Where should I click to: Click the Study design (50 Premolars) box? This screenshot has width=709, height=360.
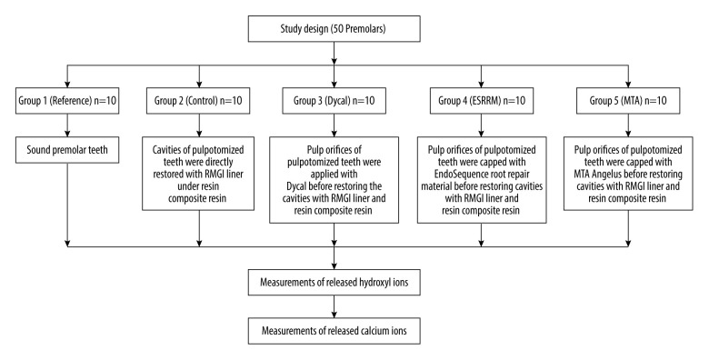click(x=334, y=29)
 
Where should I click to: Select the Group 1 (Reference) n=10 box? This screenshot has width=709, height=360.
click(x=67, y=100)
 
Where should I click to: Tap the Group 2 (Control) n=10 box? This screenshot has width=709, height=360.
click(x=198, y=100)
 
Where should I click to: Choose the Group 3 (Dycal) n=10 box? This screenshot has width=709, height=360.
click(x=334, y=100)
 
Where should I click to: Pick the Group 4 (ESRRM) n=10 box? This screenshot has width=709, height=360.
click(x=482, y=100)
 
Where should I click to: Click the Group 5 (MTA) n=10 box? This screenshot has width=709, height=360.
click(x=627, y=100)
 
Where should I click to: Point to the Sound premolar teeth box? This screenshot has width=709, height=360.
click(x=67, y=150)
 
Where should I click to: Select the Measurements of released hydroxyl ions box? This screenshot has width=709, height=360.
click(x=334, y=282)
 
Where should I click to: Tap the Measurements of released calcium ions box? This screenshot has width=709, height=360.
click(x=334, y=331)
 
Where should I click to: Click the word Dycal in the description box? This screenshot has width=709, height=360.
click(x=297, y=186)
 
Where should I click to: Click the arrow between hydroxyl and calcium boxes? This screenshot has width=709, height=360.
click(x=334, y=306)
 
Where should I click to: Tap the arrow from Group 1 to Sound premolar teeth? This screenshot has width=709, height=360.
click(x=67, y=125)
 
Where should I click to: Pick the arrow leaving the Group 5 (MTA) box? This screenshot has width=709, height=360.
click(x=627, y=125)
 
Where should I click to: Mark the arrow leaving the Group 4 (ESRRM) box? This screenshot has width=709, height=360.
click(x=482, y=125)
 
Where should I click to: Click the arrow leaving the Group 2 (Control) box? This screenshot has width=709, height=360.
click(x=198, y=125)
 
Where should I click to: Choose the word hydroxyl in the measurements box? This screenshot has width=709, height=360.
click(x=374, y=283)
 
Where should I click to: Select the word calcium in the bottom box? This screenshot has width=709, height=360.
click(x=372, y=331)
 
